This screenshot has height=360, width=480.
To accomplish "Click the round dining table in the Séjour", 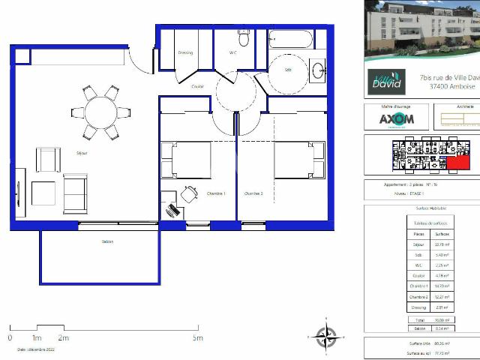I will [100, 113].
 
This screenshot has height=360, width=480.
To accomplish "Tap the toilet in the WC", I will [243, 37].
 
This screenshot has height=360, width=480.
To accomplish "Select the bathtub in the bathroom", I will [289, 39].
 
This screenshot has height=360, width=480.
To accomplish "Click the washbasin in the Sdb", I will [318, 70].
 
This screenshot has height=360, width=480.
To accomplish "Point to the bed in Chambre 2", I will [297, 160].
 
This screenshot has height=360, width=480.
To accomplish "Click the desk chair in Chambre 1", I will [188, 193].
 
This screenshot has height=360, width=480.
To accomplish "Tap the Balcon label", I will [108, 241].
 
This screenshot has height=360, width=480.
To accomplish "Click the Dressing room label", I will [185, 52].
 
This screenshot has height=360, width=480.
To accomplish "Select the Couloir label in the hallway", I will [197, 86].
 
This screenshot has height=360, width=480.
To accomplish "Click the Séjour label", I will [81, 153].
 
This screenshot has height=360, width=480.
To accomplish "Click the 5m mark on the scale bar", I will [197, 337].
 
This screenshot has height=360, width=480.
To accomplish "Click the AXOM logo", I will [395, 119].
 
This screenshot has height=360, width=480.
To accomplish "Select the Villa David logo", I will [386, 82].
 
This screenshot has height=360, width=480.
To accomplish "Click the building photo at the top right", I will [421, 30].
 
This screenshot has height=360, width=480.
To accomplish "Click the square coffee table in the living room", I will [43, 193].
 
